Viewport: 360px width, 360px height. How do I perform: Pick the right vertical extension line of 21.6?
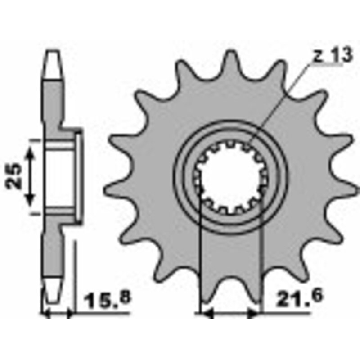(x=261, y=261)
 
